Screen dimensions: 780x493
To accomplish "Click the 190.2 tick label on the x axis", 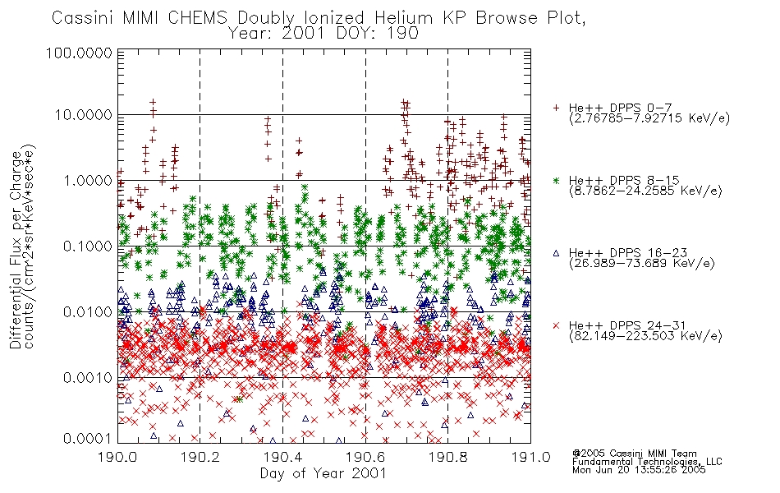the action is click(200, 457).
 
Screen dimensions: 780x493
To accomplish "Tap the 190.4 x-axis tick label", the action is click(282, 457).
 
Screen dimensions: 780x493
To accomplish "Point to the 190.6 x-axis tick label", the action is click(365, 457).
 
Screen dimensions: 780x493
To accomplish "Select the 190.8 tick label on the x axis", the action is click(447, 457).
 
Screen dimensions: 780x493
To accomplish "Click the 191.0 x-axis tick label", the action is click(530, 457).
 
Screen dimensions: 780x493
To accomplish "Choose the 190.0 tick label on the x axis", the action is click(117, 457).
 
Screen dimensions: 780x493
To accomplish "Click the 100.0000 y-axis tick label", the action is click(79, 53).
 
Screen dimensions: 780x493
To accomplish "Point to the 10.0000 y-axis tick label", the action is click(84, 115).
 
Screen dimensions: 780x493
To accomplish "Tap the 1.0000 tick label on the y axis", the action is click(88, 180).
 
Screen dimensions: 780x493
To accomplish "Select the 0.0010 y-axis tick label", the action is click(88, 377).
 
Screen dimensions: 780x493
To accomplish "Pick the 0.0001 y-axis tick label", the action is click(88, 438).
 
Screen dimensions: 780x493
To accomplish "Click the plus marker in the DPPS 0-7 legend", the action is click(557, 108).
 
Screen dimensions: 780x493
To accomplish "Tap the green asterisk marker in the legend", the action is click(557, 180).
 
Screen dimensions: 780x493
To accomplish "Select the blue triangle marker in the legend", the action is click(557, 253).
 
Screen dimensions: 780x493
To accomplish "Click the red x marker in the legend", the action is click(557, 325).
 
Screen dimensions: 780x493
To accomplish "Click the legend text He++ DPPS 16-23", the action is click(628, 253).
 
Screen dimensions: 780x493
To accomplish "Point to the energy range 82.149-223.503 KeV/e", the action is click(645, 336).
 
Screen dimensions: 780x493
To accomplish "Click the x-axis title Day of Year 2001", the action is click(323, 473).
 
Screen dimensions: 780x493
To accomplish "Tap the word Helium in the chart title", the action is click(404, 18).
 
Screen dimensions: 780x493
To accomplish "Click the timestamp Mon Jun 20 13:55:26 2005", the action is click(639, 470).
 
